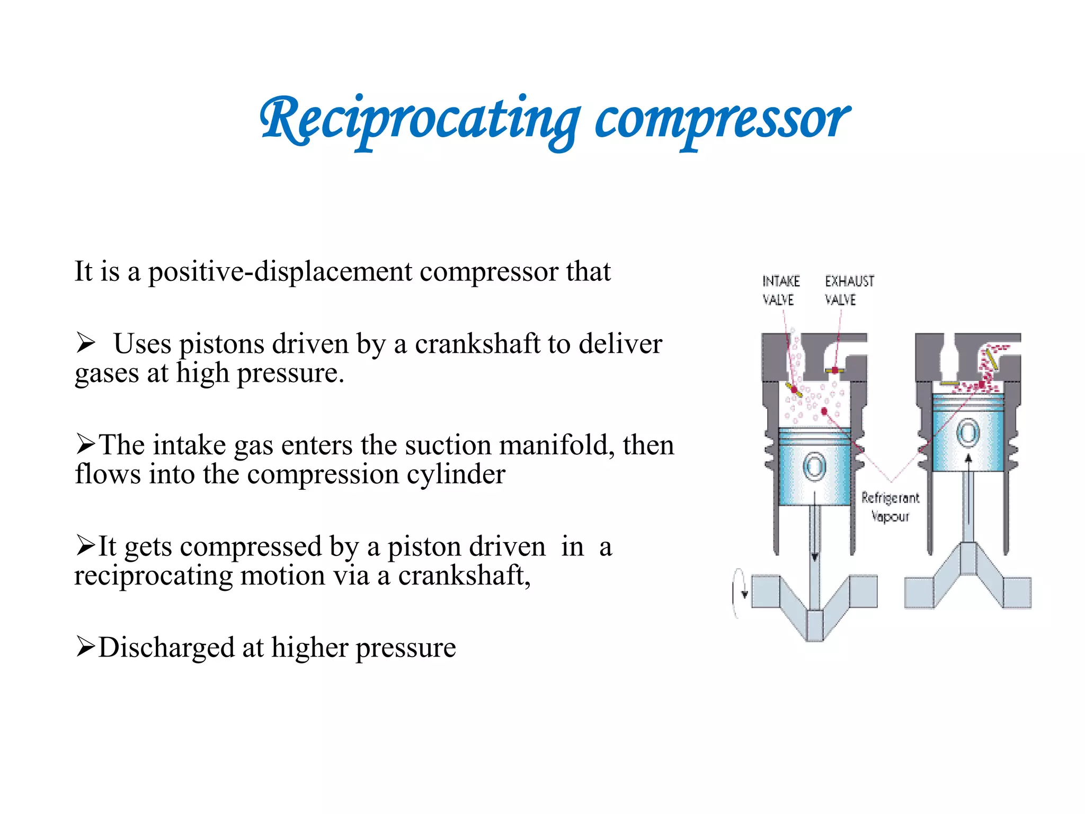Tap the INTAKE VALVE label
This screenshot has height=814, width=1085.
click(x=780, y=290)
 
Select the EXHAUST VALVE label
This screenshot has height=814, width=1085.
click(x=849, y=290)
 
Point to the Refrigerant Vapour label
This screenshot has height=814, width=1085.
click(x=890, y=507)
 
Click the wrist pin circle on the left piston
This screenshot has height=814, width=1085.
click(x=814, y=467)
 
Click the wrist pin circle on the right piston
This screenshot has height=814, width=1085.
click(x=967, y=433)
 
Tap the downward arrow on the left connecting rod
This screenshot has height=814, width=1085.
click(x=815, y=556)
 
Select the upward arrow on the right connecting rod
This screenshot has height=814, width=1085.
click(x=968, y=459)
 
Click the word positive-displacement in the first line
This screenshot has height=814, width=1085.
click(x=279, y=272)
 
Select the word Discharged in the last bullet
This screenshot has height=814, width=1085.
click(x=166, y=648)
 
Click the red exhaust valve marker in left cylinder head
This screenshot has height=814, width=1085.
click(x=835, y=370)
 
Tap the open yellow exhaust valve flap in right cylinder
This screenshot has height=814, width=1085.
click(x=991, y=359)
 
